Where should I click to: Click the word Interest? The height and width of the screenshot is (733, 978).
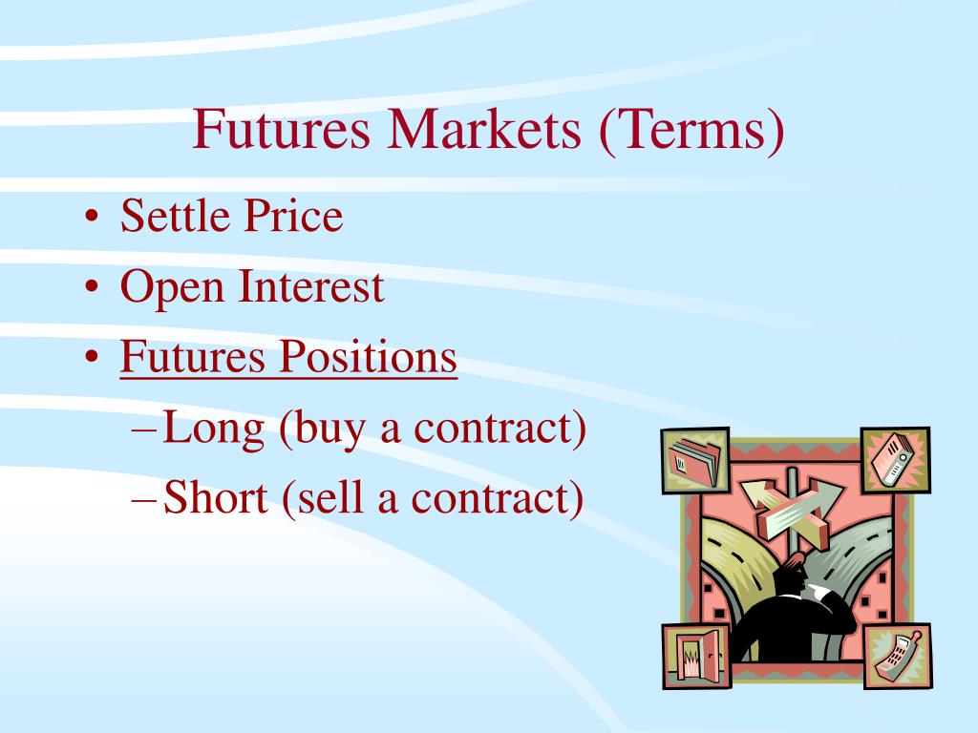tap(311, 286)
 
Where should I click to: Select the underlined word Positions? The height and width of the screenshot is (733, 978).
tap(368, 358)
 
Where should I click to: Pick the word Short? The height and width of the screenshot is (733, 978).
tap(216, 499)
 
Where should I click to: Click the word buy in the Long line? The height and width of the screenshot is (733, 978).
tap(329, 430)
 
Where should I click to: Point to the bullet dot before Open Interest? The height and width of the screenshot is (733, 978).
tap(92, 288)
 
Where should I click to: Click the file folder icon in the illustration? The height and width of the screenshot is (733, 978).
tap(695, 461)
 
